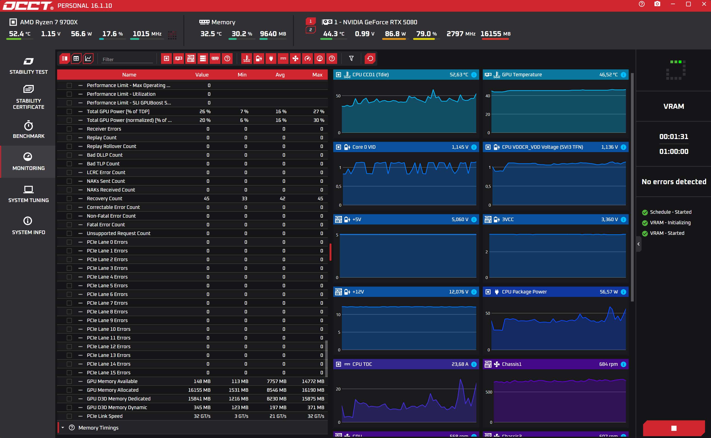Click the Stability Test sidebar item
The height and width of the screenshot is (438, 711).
pos(28,66)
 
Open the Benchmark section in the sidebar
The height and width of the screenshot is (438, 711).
pos(28,129)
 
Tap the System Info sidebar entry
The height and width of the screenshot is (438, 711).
pos(28,226)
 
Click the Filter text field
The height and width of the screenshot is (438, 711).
pos(127,59)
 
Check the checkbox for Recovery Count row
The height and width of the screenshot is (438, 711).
pos(69,198)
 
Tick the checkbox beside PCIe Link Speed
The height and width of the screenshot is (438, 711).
pos(69,416)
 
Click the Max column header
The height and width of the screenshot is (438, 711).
pos(317,75)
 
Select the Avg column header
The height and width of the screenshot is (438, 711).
pos(280,75)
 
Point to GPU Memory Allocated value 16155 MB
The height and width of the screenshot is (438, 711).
pos(199,390)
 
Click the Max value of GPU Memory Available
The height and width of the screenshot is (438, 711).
pos(313,381)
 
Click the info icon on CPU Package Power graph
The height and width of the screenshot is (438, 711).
pos(623,292)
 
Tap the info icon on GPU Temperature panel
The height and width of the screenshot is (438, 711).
pos(623,75)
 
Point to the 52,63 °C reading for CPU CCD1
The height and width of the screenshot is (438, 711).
pos(459,75)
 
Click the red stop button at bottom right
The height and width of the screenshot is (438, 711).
pos(674,428)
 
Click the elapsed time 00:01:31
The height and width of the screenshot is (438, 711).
pos(674,137)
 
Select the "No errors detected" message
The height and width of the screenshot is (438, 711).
pos(674,182)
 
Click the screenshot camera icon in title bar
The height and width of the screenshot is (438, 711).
pos(657,4)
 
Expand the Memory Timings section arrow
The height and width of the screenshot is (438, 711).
pos(63,427)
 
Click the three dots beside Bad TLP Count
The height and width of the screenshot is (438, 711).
pos(80,164)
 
